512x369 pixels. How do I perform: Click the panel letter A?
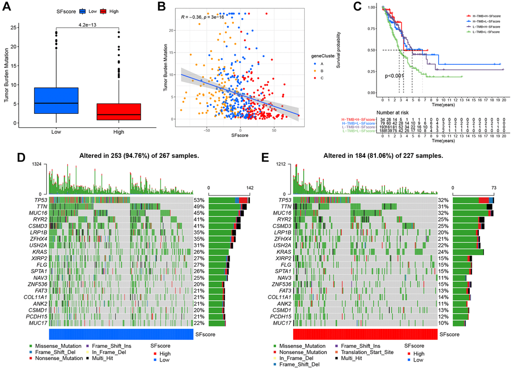8,8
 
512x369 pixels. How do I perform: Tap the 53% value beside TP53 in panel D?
200,200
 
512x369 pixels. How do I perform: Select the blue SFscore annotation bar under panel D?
121,334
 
